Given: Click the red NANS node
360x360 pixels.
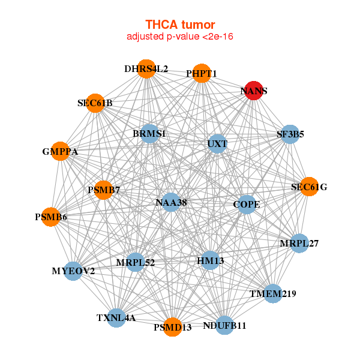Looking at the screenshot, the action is pos(254,91).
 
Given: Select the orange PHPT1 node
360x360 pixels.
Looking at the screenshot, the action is pos(202,73).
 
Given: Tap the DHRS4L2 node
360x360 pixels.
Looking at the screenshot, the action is pos(146,68).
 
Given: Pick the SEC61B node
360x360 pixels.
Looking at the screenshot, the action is pos(95,103).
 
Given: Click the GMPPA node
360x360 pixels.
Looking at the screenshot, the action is pos(61,152).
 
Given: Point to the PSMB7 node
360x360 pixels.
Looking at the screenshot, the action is pos(104,190).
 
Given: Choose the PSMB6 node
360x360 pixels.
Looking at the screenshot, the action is pos(50,217).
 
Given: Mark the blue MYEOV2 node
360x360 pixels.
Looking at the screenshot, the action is pos(73,271).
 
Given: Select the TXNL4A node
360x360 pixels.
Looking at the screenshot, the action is pos(116,317).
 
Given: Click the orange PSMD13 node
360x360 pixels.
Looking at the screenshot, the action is pos(172,327).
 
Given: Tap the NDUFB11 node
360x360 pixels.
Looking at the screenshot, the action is pos(224,325).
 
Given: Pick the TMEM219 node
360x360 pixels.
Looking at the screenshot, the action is pos(273,293).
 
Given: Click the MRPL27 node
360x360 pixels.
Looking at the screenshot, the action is pos(299,244).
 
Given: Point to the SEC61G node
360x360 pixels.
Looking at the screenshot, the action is pos(309,187).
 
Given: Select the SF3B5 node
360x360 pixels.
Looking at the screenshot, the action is pos(290,134).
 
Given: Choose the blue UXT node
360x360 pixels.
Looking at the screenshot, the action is pos(217,144).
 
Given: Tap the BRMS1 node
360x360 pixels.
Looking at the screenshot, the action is pos(149,133).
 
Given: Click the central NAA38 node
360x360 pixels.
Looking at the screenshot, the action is pos(171,203).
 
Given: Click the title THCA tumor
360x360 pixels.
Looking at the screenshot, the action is pos(180,25).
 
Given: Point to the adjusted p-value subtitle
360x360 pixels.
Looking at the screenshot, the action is pos(180,37).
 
